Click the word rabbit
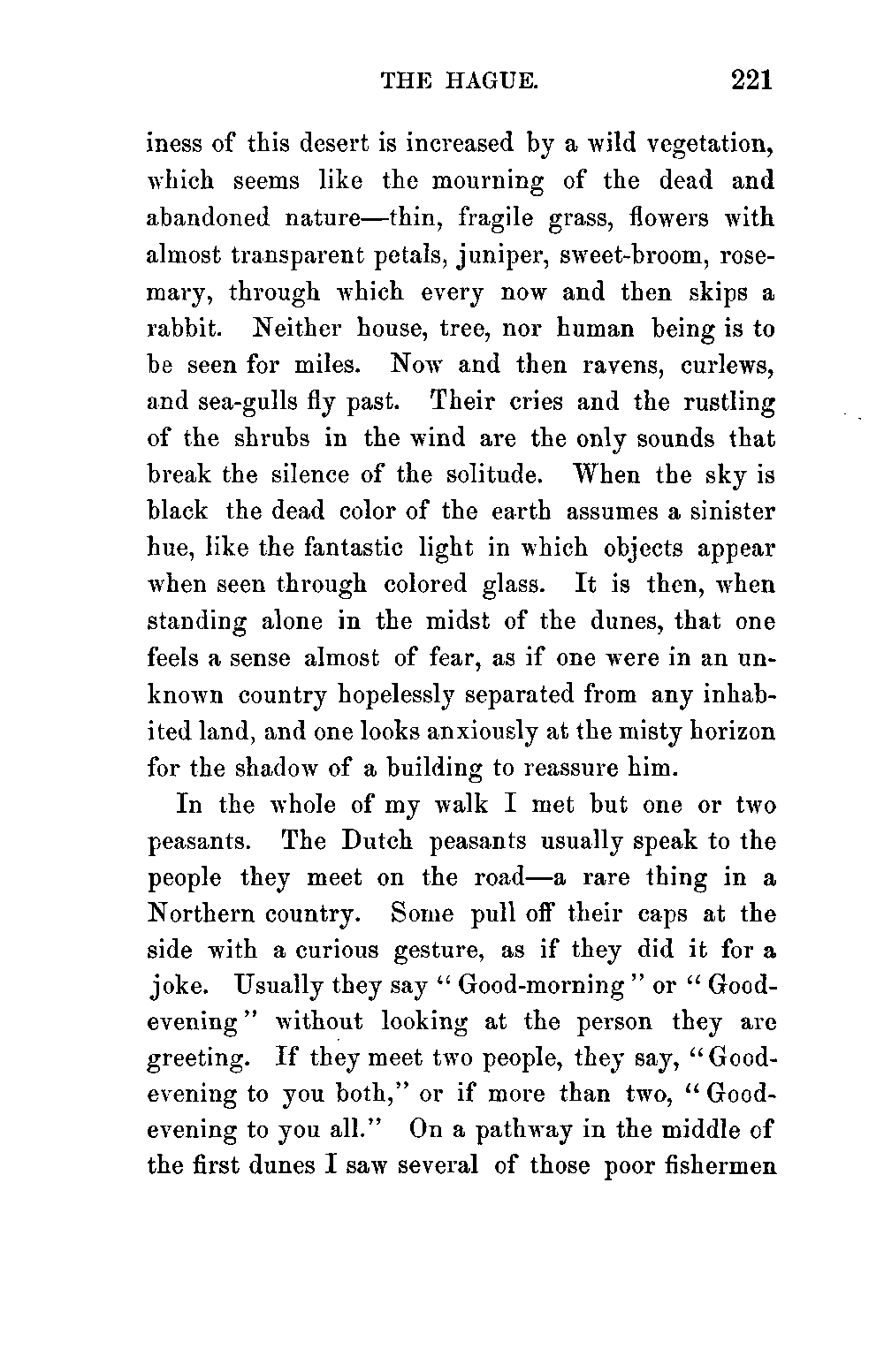coord(182,329)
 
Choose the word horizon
coord(723,732)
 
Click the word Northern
coord(202,913)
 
